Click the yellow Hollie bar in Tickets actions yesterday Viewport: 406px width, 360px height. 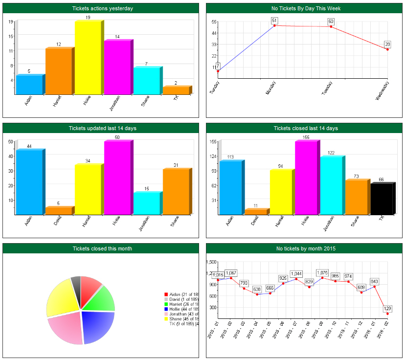88,58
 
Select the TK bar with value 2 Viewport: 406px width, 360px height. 176,90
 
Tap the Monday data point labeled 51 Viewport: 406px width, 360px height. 274,25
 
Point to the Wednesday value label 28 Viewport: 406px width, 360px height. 387,45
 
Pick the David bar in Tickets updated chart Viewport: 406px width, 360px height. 58,211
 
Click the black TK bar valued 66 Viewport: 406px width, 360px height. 381,199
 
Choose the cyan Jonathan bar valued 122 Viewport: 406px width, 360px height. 332,186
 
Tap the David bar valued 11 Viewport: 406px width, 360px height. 255,212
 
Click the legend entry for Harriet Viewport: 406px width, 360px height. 181,304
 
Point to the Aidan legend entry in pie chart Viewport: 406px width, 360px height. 181,294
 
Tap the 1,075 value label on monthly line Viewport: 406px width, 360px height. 322,272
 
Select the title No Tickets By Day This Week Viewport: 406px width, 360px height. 306,8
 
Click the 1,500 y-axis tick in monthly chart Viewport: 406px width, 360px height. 211,262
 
